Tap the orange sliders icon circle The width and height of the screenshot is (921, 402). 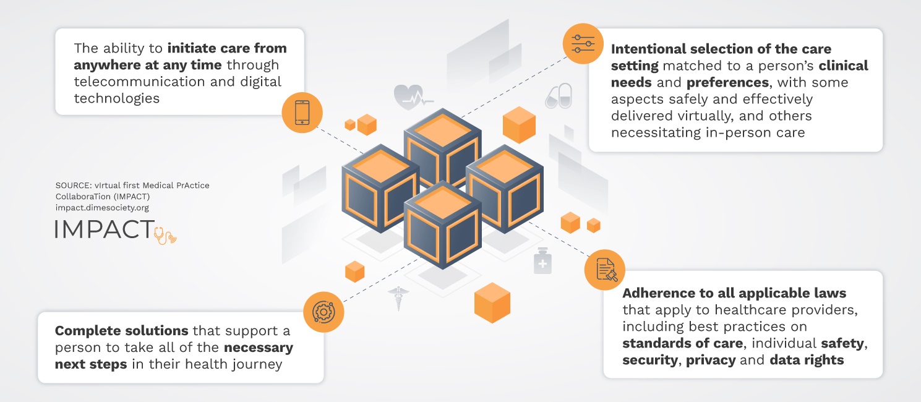pos(583,43)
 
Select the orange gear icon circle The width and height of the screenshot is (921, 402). pos(323,312)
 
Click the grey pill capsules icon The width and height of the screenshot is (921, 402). pos(558,96)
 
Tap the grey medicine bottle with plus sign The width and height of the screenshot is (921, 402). pos(542,261)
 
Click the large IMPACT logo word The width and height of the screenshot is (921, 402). pos(104,229)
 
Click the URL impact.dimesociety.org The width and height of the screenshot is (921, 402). pos(102,208)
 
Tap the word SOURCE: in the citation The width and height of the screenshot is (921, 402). pos(74,186)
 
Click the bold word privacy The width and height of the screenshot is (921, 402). pos(711,359)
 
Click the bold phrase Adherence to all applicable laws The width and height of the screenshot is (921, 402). pos(734,293)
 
